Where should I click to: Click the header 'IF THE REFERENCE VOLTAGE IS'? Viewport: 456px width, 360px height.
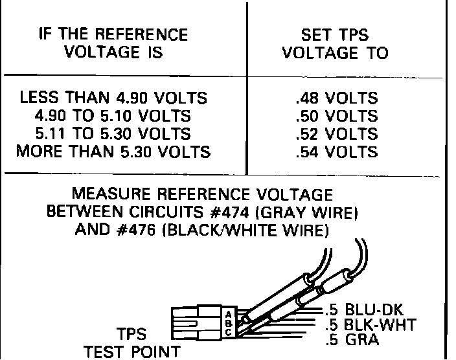113,43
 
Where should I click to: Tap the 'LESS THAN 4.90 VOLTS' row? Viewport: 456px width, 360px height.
113,98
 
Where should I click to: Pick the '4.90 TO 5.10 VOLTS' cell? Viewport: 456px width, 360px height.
113,117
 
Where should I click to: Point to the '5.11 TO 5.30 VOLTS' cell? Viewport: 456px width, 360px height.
113,135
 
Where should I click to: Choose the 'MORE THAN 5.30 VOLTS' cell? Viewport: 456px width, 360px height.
113,153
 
